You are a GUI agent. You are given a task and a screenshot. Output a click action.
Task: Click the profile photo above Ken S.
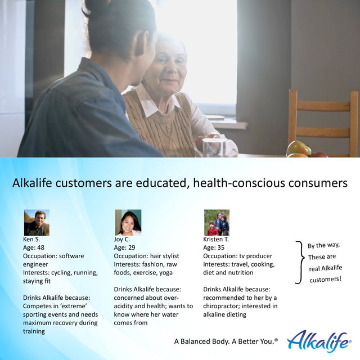36,222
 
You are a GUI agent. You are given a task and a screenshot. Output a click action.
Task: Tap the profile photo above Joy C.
128,222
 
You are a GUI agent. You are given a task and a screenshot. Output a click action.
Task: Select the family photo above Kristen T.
217,222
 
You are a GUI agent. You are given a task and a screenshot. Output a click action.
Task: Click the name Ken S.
31,239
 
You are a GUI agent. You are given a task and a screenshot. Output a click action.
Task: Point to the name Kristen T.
216,239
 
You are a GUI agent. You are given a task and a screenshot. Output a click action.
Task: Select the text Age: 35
215,247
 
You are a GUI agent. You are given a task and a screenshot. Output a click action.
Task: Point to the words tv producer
257,256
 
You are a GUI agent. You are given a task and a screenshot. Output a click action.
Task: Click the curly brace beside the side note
299,262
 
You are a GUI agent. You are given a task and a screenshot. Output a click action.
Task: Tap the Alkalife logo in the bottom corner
318,340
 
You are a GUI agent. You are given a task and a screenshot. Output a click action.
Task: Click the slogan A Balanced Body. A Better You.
226,341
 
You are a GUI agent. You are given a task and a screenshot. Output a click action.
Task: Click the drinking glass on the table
213,147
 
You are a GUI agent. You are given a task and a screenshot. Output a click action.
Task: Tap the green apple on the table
298,148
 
